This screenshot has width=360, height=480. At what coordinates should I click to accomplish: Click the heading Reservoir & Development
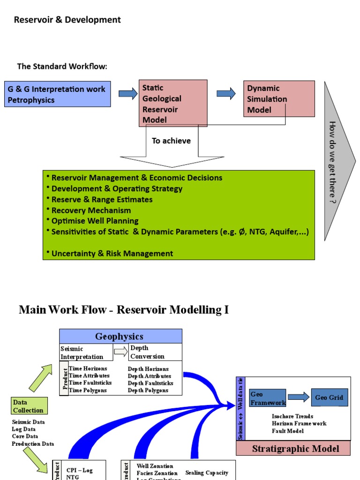click(x=67, y=20)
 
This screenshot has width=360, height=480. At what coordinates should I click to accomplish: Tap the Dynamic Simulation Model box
click(x=279, y=99)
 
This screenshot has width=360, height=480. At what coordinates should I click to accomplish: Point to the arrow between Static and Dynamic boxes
click(x=226, y=94)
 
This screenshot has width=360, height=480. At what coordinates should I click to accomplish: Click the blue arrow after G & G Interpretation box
click(x=128, y=94)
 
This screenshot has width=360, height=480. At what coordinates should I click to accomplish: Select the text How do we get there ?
click(x=332, y=162)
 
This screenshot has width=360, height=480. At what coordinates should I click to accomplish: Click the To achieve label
click(x=171, y=141)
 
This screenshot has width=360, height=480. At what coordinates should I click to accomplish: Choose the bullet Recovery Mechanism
click(x=91, y=210)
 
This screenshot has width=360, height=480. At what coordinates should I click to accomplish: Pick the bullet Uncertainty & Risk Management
click(x=112, y=254)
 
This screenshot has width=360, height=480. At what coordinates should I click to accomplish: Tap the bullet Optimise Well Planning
click(x=95, y=221)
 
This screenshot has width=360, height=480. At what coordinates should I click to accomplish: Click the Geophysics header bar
click(x=120, y=336)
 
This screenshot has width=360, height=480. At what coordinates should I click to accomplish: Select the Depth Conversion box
click(x=155, y=352)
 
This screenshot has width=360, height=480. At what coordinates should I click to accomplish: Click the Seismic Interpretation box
click(x=86, y=352)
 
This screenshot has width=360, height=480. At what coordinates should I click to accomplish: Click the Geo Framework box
click(x=268, y=398)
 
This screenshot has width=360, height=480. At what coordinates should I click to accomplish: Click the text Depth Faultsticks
click(x=150, y=383)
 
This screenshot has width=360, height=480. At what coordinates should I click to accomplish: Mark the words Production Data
click(x=33, y=443)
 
